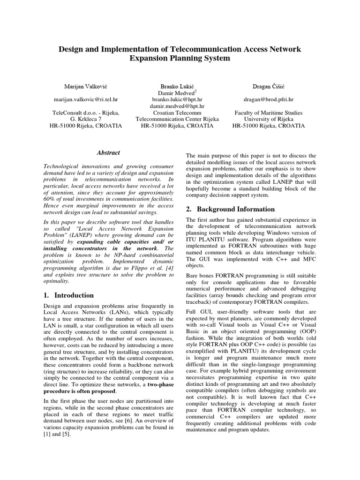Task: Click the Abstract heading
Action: point(108,152)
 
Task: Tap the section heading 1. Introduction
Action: point(68,295)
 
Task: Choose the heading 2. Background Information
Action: point(230,209)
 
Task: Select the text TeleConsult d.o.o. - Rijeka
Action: point(85,113)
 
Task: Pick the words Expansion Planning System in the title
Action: point(180,58)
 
